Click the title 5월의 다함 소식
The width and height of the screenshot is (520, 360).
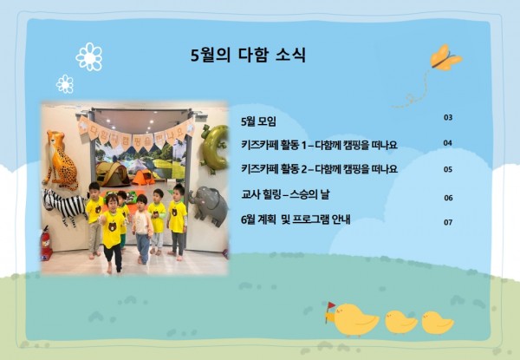click(248, 55)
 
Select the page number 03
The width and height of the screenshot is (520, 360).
click(448, 117)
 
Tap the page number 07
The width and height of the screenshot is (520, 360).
click(448, 222)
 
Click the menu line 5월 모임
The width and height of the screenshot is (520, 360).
click(258, 121)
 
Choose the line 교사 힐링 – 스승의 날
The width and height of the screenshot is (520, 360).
click(285, 194)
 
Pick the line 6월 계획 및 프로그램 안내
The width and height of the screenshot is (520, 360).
click(296, 219)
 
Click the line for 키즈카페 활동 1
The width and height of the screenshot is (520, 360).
click(319, 145)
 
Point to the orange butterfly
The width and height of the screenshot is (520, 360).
click(445, 58)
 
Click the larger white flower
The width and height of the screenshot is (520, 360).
click(89, 56)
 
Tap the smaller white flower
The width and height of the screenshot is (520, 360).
click(65, 84)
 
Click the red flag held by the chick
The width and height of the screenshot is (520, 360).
click(331, 305)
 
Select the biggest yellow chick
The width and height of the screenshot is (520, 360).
click(354, 320)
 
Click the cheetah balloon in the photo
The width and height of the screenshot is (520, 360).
click(62, 160)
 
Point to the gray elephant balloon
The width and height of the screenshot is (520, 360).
click(209, 205)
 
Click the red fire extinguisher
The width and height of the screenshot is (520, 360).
click(46, 243)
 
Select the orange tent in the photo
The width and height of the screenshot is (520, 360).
click(143, 177)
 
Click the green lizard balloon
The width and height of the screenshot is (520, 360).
click(215, 148)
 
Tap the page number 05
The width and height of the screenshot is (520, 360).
click(448, 169)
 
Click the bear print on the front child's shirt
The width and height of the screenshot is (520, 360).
click(112, 227)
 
